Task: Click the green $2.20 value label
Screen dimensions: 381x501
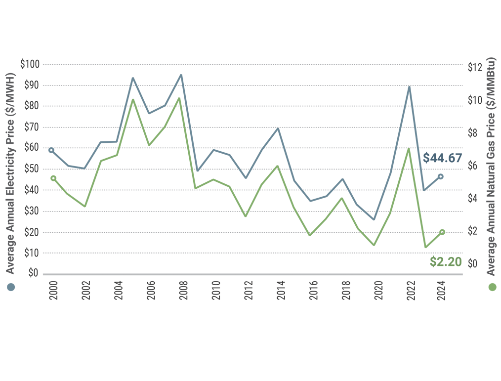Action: pyautogui.click(x=445, y=262)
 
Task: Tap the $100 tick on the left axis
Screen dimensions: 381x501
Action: pyautogui.click(x=30, y=64)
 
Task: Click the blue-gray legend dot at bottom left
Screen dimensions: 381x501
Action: pyautogui.click(x=11, y=287)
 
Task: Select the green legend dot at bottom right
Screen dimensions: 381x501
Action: pyautogui.click(x=492, y=287)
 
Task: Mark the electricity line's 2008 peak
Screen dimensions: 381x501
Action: pyautogui.click(x=181, y=75)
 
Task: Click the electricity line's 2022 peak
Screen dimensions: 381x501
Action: pyautogui.click(x=409, y=87)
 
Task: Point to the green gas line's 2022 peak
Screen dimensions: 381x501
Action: pyautogui.click(x=409, y=149)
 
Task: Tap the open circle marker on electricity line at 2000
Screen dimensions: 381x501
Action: pyautogui.click(x=51, y=150)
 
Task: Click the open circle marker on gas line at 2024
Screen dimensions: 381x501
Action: pyautogui.click(x=442, y=232)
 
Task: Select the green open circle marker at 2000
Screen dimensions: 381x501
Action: pyautogui.click(x=53, y=178)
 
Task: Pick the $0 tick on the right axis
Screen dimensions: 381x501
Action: pyautogui.click(x=473, y=263)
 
